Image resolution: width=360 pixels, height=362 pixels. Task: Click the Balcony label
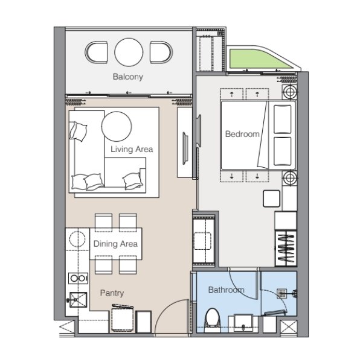(128, 77)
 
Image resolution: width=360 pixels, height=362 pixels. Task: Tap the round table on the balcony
(129, 52)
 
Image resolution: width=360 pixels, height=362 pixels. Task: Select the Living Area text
(132, 149)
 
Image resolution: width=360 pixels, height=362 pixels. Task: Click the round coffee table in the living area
(117, 126)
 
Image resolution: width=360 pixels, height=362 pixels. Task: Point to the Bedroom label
(242, 134)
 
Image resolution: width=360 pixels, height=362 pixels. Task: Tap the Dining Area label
(115, 244)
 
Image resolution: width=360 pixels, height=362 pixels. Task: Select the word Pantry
(112, 293)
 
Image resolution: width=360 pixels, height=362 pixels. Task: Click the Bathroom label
(227, 290)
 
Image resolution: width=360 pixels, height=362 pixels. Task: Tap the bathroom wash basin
(243, 323)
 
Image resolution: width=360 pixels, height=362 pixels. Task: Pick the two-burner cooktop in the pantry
(78, 278)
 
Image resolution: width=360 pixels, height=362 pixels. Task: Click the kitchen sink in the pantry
(79, 300)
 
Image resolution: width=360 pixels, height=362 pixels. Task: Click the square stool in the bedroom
(271, 198)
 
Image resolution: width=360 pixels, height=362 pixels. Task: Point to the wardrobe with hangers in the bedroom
(286, 248)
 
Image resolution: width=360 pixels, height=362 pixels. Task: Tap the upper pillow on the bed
(282, 119)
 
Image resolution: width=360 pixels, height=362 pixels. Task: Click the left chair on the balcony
(97, 52)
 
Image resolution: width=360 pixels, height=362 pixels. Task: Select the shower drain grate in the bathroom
(282, 294)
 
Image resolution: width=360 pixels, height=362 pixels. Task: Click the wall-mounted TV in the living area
(185, 148)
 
